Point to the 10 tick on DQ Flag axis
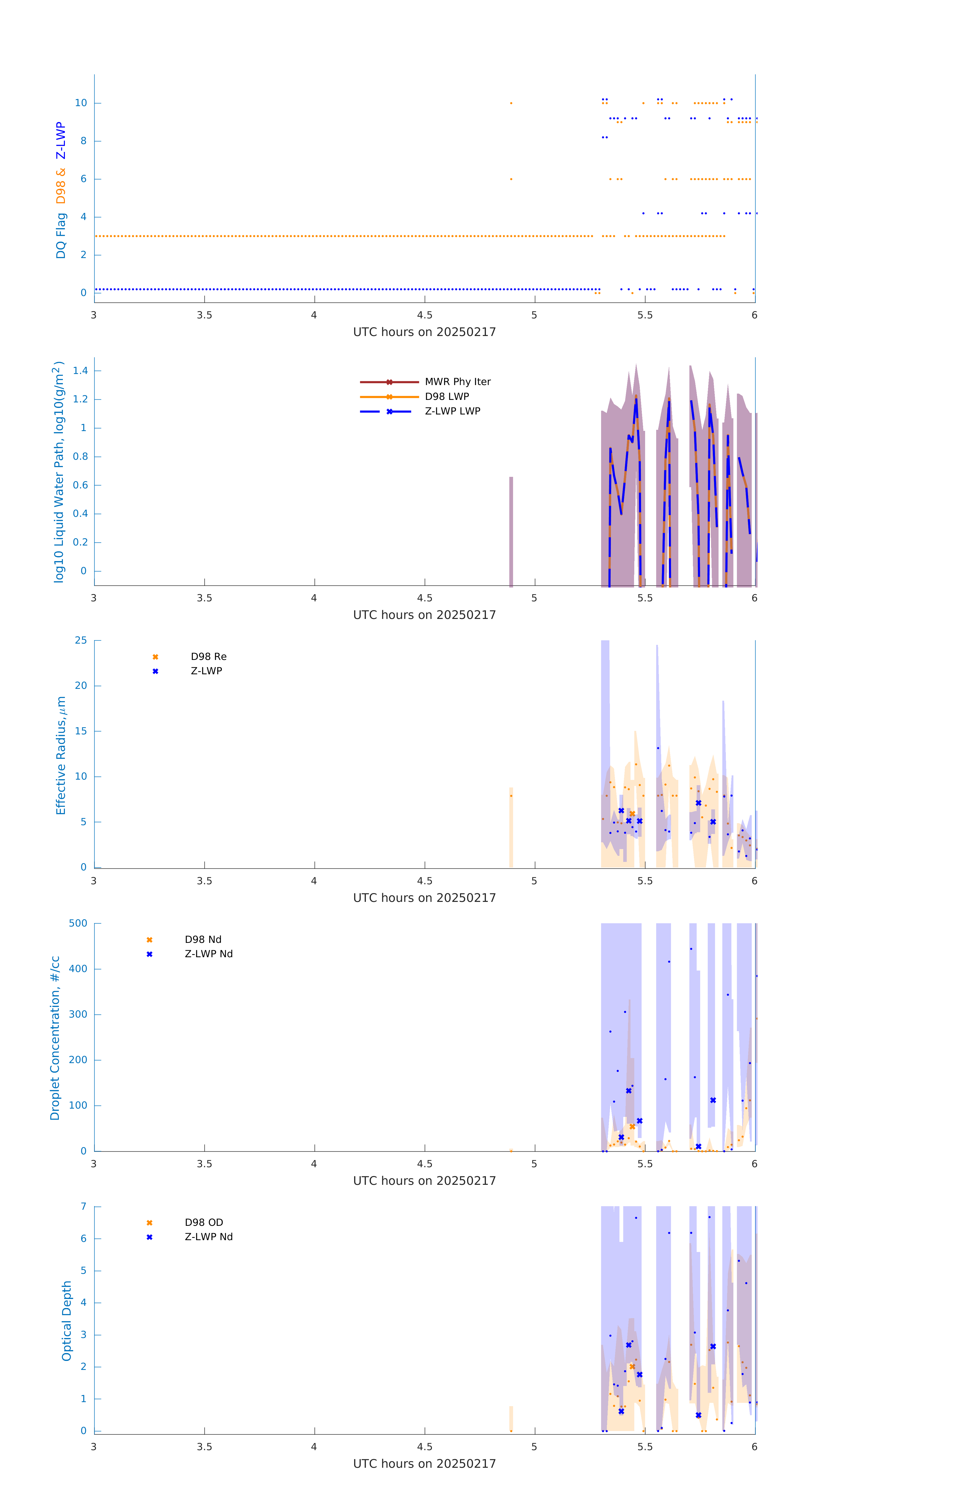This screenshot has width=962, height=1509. point(81,103)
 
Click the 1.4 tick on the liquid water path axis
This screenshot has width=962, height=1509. point(80,370)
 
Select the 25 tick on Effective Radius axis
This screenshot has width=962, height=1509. point(81,641)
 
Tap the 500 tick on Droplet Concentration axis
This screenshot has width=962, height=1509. point(78,923)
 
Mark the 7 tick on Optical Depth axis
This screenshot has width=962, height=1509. point(83,1206)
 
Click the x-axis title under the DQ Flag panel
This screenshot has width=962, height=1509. point(424,332)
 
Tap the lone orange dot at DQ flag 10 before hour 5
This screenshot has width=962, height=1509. point(511,103)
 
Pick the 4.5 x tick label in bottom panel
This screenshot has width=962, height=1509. point(424,1447)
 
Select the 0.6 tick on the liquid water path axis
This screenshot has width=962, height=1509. point(80,485)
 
